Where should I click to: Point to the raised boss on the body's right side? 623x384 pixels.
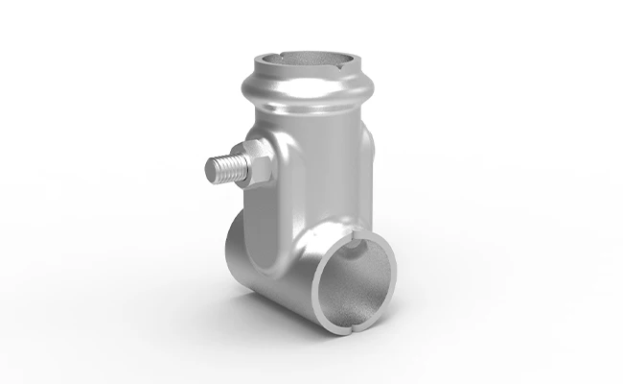(x=369, y=154)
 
